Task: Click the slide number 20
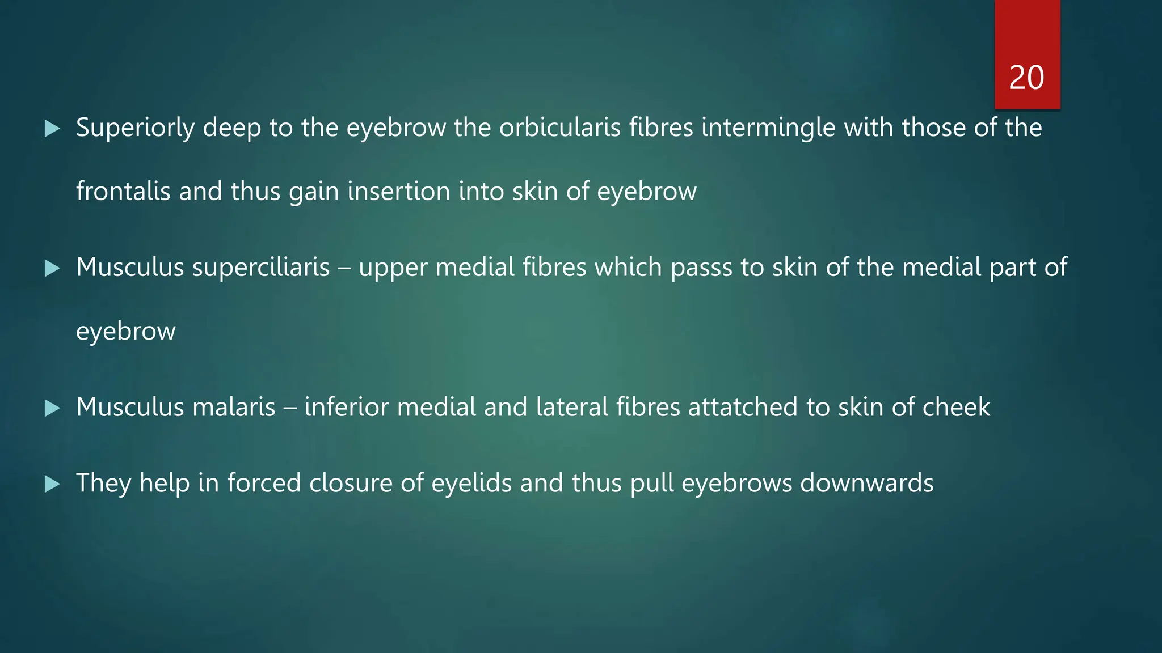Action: tap(1026, 78)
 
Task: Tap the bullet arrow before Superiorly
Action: tap(52, 129)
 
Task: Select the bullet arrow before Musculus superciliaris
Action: tap(52, 268)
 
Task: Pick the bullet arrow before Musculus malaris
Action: tap(52, 408)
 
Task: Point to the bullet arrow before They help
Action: tap(52, 484)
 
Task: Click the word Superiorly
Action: tap(136, 128)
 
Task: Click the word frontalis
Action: tap(123, 192)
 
